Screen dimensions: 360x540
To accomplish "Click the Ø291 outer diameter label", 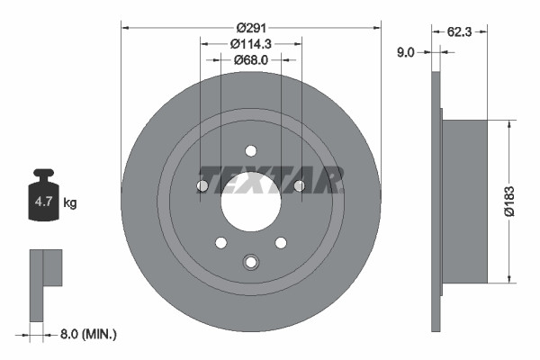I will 251,27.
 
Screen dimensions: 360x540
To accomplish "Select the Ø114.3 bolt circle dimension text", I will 251,43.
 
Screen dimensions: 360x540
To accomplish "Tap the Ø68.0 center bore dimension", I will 251,60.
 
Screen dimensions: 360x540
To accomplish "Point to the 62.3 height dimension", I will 460,31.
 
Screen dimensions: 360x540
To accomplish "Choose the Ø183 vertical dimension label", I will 510,202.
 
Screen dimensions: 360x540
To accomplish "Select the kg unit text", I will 70,203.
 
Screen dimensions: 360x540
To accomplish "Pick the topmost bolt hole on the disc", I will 251,150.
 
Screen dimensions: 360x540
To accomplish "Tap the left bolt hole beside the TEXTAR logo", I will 202,186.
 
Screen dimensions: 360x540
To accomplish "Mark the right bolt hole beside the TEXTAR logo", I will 300,186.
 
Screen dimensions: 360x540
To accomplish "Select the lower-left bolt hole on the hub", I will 221,242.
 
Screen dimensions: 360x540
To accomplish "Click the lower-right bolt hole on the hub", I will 281,242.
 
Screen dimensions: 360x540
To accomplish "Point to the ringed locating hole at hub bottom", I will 251,263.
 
